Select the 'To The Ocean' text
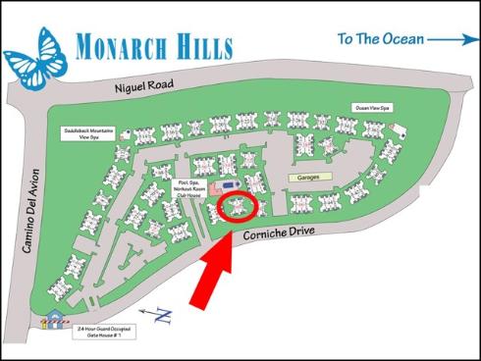(x=381, y=39)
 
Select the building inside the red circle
(x=239, y=206)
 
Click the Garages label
(x=311, y=178)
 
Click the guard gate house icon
(x=50, y=319)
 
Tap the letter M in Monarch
(x=82, y=46)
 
